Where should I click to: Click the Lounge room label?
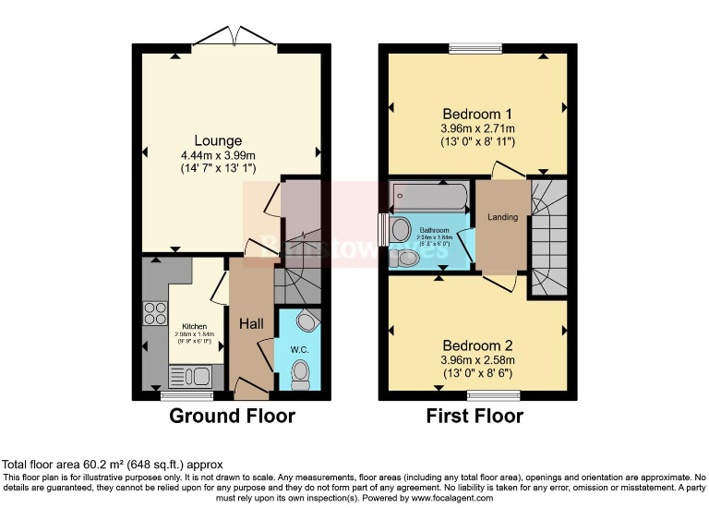coord(218,140)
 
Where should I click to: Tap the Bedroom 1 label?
coord(476,114)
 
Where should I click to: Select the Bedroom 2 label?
coord(476,344)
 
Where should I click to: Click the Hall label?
coord(252,324)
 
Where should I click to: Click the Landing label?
coord(502,217)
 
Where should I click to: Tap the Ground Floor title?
coord(232,417)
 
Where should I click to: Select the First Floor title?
coord(475,417)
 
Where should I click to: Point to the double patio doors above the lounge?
coord(234,37)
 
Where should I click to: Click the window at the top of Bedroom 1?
coord(475,48)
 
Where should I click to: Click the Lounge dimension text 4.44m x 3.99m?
coord(218,155)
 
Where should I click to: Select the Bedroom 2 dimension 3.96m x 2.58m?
coord(476,359)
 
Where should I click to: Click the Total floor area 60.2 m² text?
coord(112,465)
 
